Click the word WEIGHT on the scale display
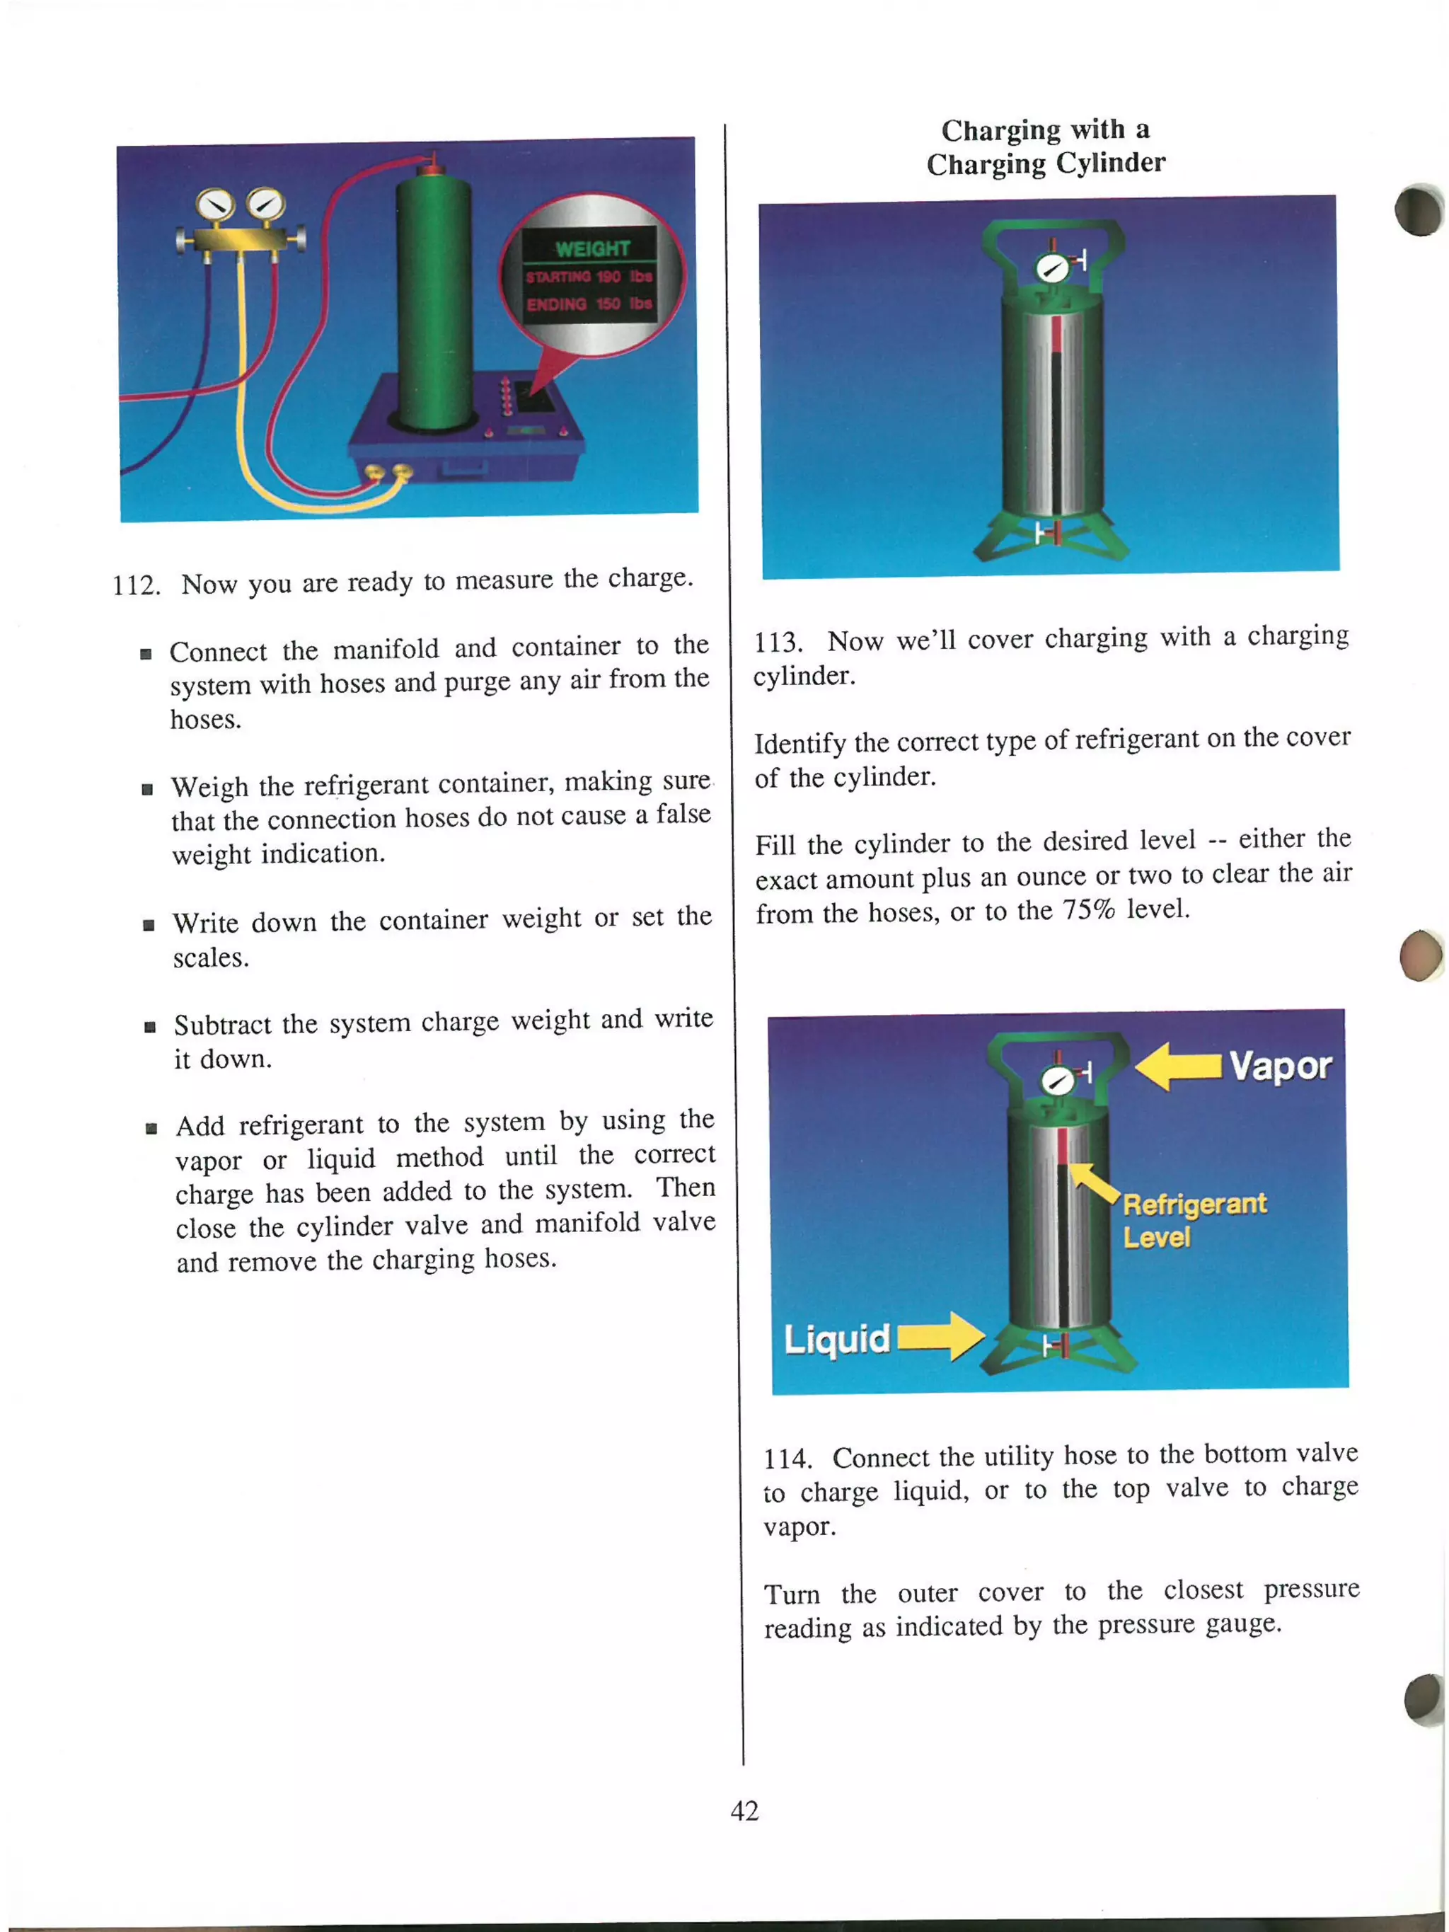[x=591, y=249]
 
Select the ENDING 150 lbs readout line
[x=589, y=304]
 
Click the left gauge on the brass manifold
[x=215, y=206]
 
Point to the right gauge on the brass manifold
[x=265, y=205]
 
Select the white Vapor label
[x=1280, y=1066]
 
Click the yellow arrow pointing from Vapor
[x=1177, y=1066]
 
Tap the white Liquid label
[x=836, y=1338]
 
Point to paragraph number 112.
[x=137, y=585]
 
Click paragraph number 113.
[x=778, y=642]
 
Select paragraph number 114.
[x=787, y=1459]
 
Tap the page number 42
[x=744, y=1810]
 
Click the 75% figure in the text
[x=1088, y=910]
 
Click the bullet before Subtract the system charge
[x=150, y=1027]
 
